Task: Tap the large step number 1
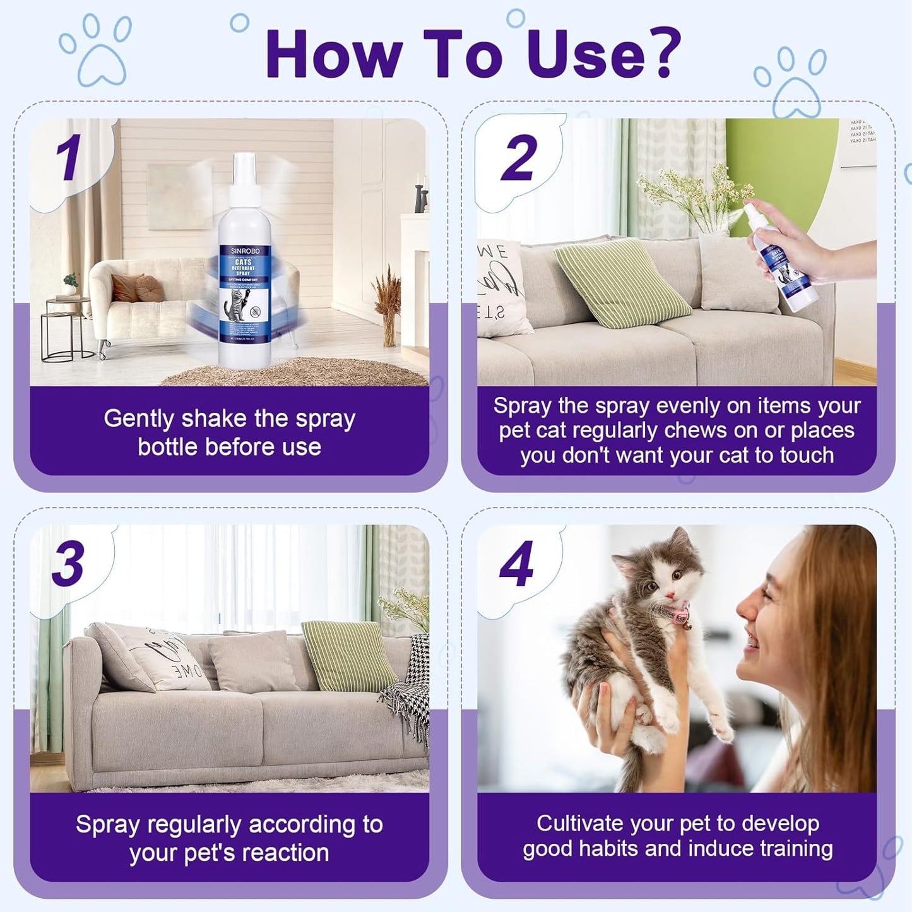click(x=69, y=157)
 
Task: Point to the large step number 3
click(x=68, y=563)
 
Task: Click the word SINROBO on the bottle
click(x=245, y=251)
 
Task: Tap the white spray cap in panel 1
click(x=244, y=180)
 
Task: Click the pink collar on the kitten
click(x=680, y=613)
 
